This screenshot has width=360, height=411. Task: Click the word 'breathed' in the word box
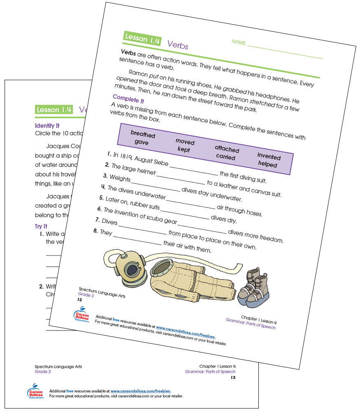pyautogui.click(x=143, y=134)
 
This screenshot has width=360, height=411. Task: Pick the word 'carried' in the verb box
pyautogui.click(x=225, y=157)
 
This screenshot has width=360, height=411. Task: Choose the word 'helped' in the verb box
pyautogui.click(x=267, y=164)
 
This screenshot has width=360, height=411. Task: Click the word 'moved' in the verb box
pyautogui.click(x=185, y=141)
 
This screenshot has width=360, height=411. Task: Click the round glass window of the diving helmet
pyautogui.click(x=132, y=270)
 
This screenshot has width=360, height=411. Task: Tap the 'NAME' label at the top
pyautogui.click(x=239, y=42)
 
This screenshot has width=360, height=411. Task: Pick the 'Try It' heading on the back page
pyautogui.click(x=41, y=226)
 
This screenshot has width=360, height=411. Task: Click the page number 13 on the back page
pyautogui.click(x=233, y=377)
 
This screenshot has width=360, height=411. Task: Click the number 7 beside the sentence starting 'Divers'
pyautogui.click(x=98, y=220)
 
